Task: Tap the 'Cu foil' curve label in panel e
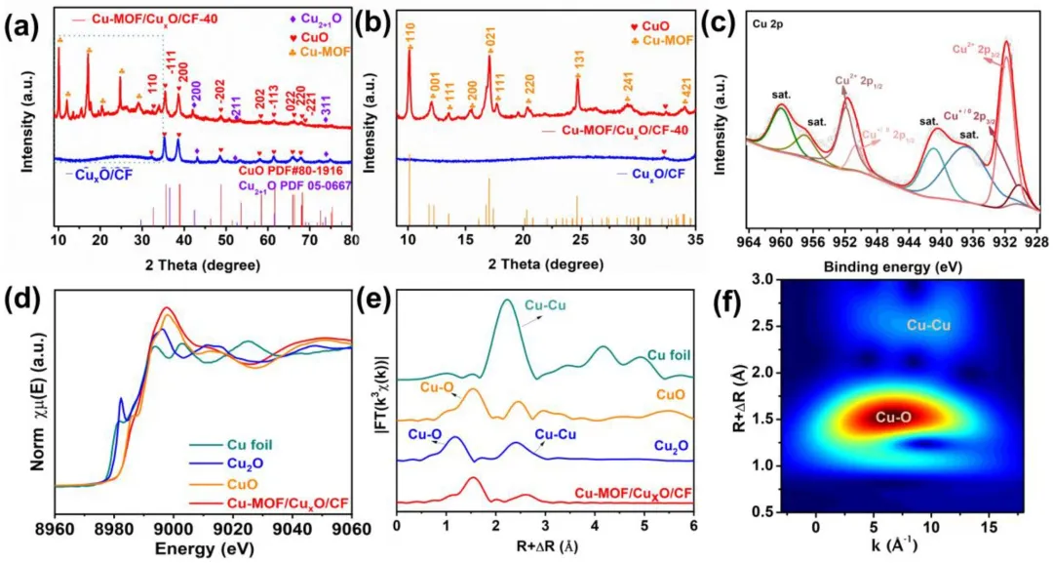click(x=669, y=357)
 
